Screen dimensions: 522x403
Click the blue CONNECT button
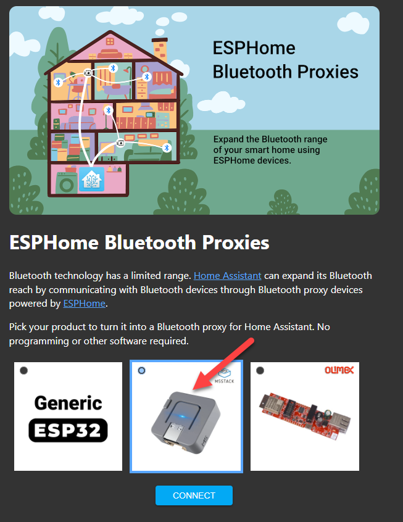click(x=194, y=495)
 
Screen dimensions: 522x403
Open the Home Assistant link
click(x=228, y=275)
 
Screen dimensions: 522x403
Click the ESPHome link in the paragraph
click(x=85, y=304)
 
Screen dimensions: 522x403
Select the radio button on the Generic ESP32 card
click(x=23, y=370)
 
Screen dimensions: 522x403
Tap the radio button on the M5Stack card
click(x=141, y=370)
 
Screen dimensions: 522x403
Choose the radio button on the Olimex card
click(x=260, y=370)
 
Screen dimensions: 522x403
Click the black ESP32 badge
click(x=68, y=429)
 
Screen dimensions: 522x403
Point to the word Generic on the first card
click(x=68, y=403)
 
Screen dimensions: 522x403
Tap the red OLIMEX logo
click(x=339, y=370)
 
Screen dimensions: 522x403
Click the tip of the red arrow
click(x=194, y=389)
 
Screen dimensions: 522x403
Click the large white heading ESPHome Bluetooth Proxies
click(x=139, y=242)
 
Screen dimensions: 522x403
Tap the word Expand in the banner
click(x=228, y=139)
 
